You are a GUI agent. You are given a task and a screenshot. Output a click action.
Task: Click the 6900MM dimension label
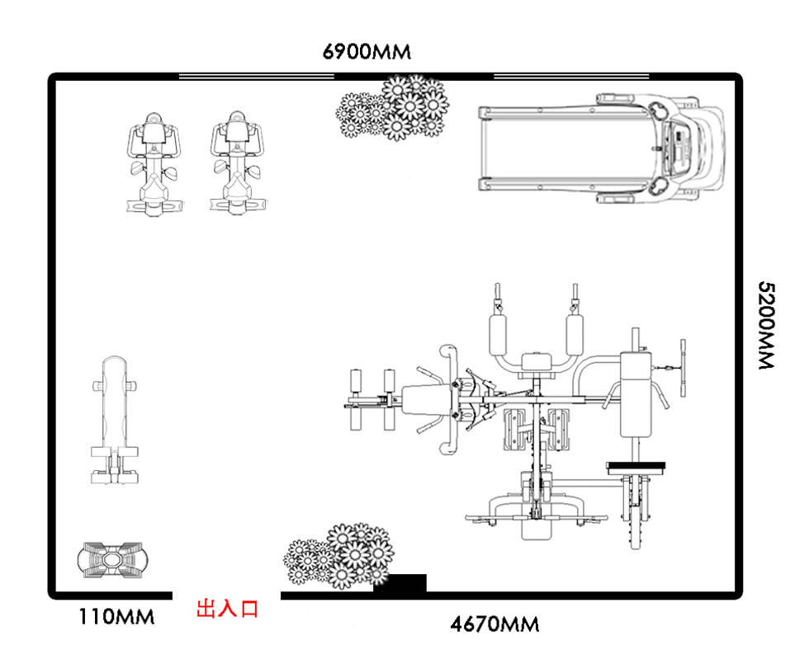(x=367, y=51)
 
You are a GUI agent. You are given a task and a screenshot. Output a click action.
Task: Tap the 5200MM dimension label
(x=767, y=325)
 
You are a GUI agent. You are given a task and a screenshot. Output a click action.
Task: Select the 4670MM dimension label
(x=494, y=624)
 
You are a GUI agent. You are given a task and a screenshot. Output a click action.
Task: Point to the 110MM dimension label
(x=116, y=617)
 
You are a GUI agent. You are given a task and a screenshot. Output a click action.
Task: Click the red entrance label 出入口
(x=227, y=609)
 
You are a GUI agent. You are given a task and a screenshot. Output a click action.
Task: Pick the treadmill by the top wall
(x=602, y=148)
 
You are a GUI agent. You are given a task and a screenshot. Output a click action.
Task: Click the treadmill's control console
(x=680, y=148)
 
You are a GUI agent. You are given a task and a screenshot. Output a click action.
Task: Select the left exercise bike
(x=154, y=163)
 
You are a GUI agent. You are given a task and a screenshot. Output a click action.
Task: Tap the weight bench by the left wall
(x=115, y=420)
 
